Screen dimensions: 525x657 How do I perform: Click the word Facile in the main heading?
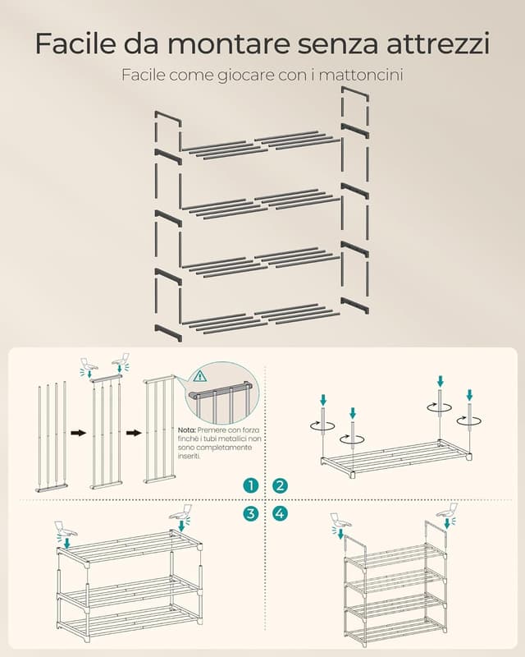75,43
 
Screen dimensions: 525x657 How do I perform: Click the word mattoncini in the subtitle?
363,76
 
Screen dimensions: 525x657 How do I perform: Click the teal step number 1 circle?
250,485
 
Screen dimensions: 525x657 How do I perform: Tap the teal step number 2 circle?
280,485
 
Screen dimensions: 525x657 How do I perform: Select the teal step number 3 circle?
250,513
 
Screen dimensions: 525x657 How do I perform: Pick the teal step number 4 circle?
280,513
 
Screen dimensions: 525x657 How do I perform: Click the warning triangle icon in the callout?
200,376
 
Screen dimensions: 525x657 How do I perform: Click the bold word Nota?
187,430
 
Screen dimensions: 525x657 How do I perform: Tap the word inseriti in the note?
189,457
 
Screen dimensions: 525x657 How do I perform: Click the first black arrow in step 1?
78,433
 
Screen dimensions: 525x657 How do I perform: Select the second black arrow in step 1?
134,433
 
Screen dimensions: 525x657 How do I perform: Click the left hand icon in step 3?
65,529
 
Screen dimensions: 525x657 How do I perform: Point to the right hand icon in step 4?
448,511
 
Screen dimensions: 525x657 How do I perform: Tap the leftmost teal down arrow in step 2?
323,399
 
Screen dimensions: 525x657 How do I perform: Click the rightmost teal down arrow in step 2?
469,395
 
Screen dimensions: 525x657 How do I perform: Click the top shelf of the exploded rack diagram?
260,145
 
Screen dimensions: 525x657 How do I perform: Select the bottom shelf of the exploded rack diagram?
260,319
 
